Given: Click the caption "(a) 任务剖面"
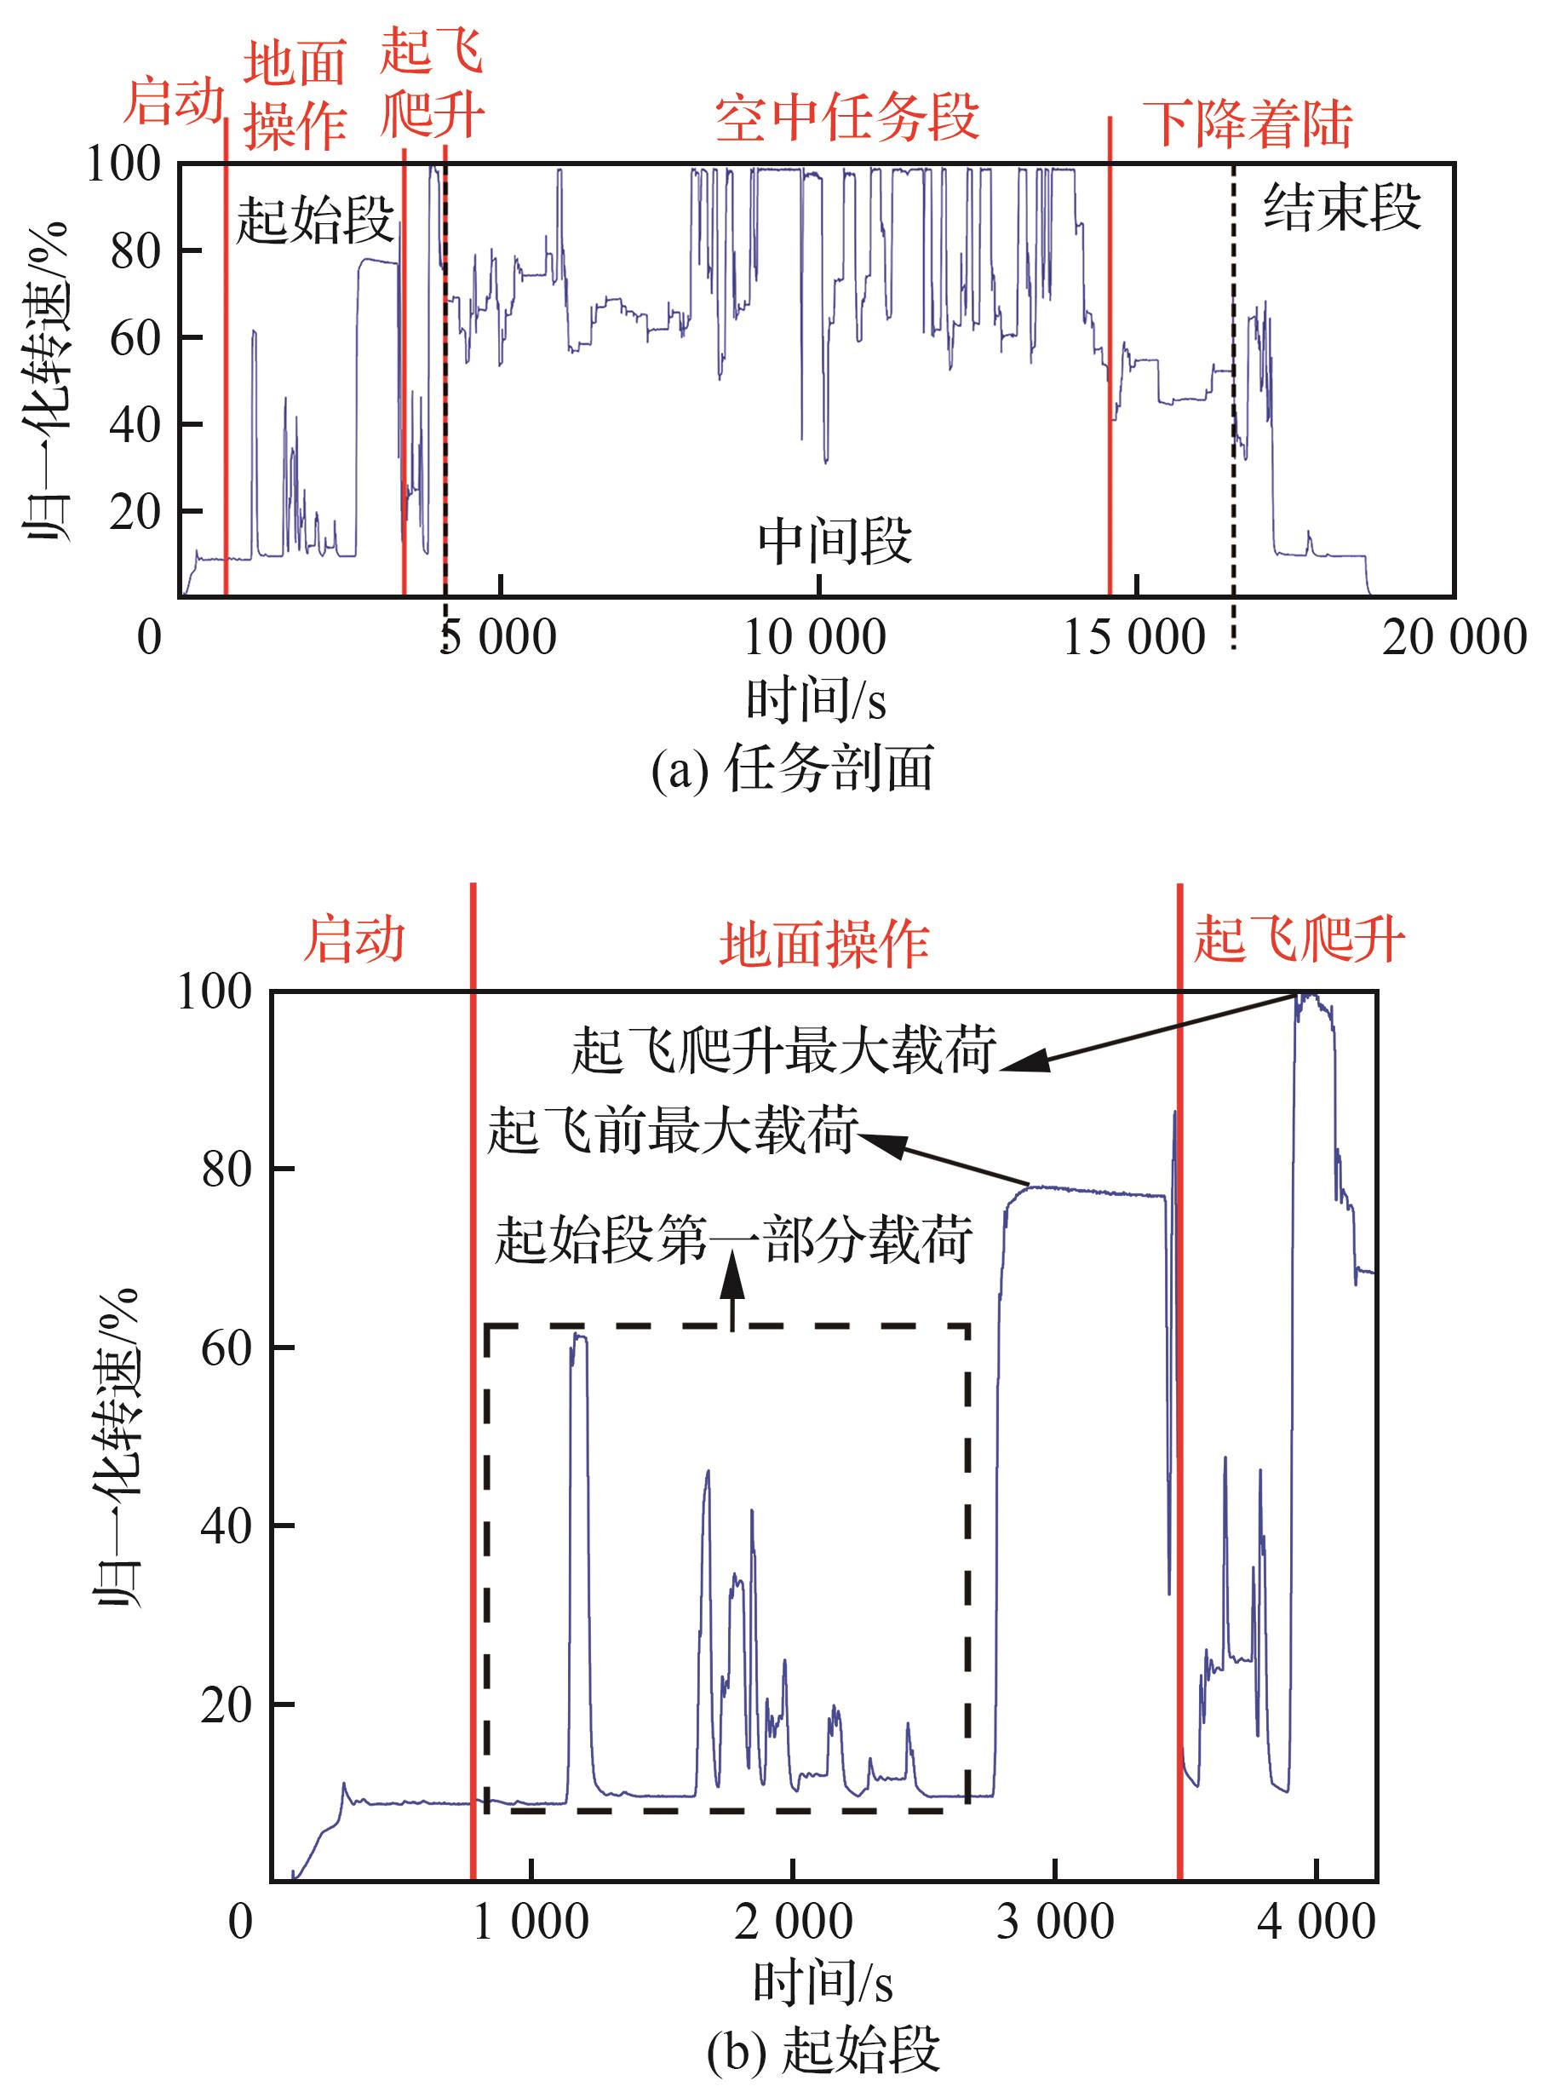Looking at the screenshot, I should tap(792, 770).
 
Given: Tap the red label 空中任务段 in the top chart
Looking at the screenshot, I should tap(846, 119).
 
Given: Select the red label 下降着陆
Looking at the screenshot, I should tap(1248, 124).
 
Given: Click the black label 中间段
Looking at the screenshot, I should tap(835, 541).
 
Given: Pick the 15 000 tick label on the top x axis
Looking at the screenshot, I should tap(1133, 639).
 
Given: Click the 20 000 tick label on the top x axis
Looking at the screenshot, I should tap(1454, 639).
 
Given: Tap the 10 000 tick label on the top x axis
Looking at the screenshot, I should tap(815, 639).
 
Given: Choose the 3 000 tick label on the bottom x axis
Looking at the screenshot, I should tap(1055, 1922).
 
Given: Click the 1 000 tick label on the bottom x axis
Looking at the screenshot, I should tap(531, 1922).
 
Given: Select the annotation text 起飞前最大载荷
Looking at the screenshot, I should tap(672, 1131).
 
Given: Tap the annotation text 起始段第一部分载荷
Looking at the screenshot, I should tap(733, 1239).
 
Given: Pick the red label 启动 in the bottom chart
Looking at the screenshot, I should tap(353, 940).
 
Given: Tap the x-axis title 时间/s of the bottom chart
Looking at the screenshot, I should tap(823, 1986).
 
